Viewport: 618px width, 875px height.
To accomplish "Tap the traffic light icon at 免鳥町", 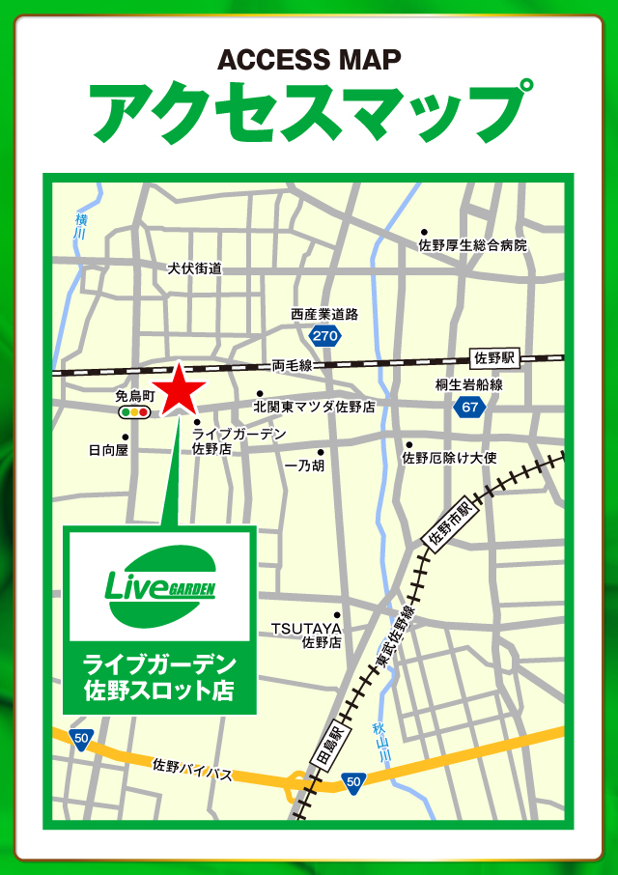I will coord(134,412).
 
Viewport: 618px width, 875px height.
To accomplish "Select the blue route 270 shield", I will coord(325,336).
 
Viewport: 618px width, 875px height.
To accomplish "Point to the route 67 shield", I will coord(469,408).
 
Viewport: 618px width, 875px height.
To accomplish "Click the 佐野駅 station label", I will coord(496,358).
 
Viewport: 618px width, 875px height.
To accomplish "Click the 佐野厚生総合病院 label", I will coord(473,245).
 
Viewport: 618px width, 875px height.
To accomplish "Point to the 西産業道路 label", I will coord(324,314).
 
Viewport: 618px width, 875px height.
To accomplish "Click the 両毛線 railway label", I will coord(292,365).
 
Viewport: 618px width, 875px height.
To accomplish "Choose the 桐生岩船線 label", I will coord(468,384).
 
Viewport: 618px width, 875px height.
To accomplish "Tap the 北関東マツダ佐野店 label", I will coord(314,407).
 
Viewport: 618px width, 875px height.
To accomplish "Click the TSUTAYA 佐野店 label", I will coord(306,635).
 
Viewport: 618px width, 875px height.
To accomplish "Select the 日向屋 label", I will coord(108,450).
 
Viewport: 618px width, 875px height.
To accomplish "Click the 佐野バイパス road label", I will coord(193,769).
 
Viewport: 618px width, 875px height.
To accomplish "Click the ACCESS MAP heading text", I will coord(309,60).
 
